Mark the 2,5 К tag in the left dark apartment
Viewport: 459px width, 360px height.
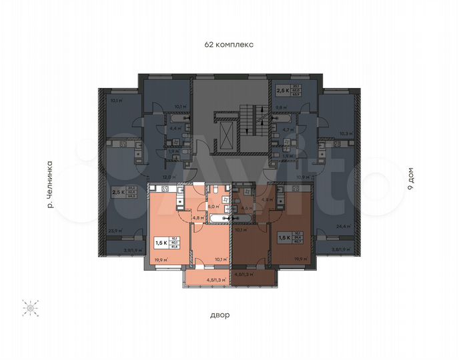pos(119,193)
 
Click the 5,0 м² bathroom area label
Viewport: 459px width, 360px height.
pos(213,207)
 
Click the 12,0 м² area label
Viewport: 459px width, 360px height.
pos(167,177)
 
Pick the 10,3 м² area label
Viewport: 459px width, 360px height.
pos(345,133)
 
